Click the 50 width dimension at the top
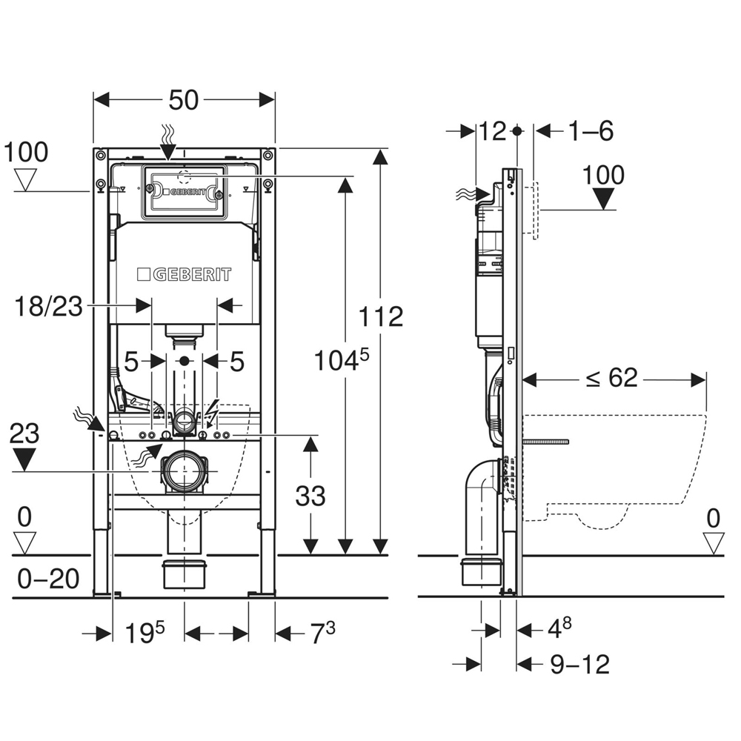(x=183, y=100)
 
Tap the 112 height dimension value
(x=381, y=316)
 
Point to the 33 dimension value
(x=310, y=496)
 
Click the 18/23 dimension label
(x=48, y=306)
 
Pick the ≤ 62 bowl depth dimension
(x=612, y=378)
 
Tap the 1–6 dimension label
(x=591, y=131)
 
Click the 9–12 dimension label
(x=580, y=664)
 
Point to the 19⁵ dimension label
(x=144, y=634)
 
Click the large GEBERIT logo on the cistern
(x=184, y=274)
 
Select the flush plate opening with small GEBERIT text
(x=182, y=190)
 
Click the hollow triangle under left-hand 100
(x=27, y=179)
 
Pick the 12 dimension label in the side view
(x=492, y=131)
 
